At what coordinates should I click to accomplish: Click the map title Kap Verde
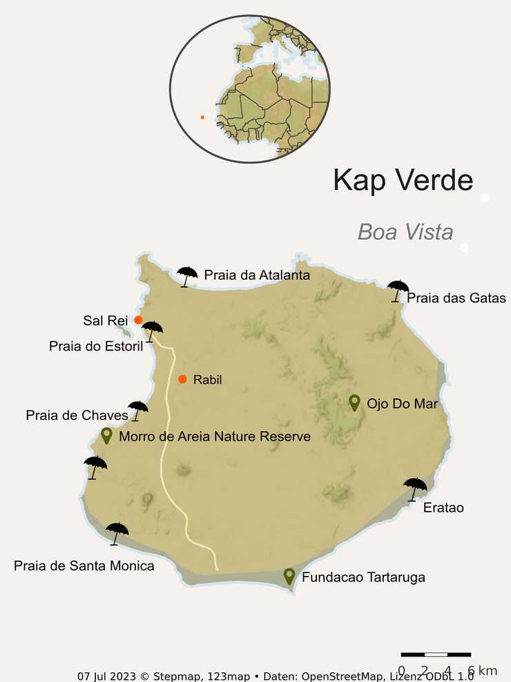(403, 180)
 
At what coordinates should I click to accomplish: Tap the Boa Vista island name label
(405, 232)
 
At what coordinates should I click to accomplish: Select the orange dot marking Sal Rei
(138, 320)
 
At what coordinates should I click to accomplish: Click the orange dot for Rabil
(182, 379)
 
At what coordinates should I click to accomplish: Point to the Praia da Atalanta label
(257, 275)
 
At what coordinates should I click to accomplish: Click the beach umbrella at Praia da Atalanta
(186, 276)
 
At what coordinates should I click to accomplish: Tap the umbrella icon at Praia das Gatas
(398, 290)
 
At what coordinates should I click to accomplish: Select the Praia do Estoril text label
(96, 346)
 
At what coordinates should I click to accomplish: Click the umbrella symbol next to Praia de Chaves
(137, 410)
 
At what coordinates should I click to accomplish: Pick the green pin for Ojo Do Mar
(354, 402)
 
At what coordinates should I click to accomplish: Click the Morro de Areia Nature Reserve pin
(106, 435)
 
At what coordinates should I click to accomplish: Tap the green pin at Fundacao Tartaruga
(289, 576)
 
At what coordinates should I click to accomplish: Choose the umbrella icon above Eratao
(415, 488)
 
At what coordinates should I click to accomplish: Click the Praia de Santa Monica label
(84, 566)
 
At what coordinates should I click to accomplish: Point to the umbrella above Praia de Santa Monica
(117, 532)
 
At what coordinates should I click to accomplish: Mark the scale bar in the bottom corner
(436, 654)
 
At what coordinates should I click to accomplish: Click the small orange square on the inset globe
(202, 117)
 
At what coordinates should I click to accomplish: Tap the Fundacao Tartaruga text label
(363, 577)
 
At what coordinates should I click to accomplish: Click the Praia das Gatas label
(456, 299)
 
